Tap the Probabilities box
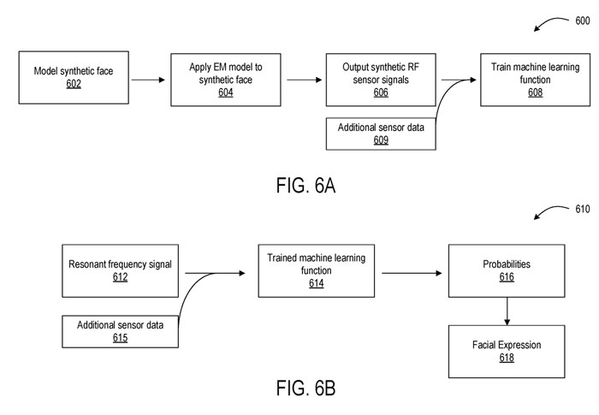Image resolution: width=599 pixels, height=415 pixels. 507,271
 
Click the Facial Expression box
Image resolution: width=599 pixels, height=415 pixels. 507,351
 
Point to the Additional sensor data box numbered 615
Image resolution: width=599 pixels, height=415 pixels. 121,331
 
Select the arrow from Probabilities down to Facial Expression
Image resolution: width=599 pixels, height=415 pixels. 507,311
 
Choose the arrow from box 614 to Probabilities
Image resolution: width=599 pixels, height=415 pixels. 411,273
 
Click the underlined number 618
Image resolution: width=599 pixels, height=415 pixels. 507,358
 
